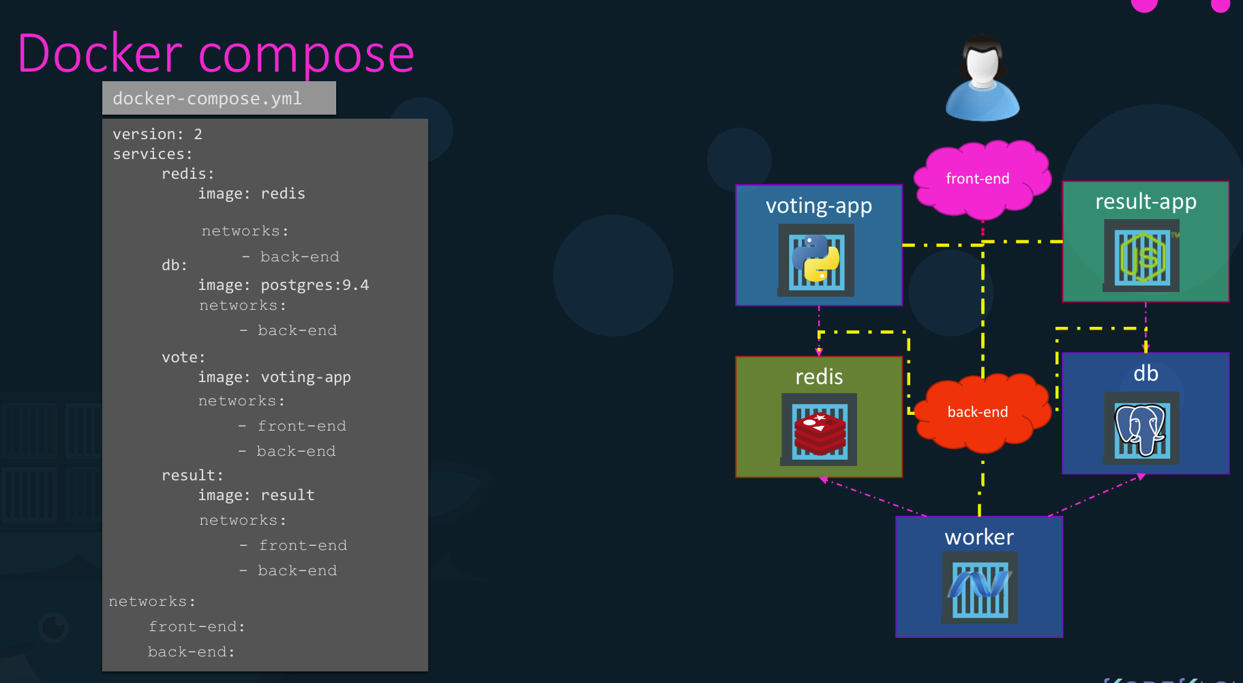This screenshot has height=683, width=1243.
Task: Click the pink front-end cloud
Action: coord(980,179)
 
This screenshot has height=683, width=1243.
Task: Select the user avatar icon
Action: coord(982,78)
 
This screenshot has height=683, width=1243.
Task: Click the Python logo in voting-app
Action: coord(816,260)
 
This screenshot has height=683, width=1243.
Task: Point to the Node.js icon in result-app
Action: coord(1143,258)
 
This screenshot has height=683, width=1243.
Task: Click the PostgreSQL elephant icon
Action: coord(1141,428)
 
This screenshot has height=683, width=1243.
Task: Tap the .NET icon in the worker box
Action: coord(980,587)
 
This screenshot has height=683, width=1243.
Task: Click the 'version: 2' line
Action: coord(158,134)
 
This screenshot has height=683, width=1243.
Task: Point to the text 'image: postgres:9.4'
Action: coord(284,285)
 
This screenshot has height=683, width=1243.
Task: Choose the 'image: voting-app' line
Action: coord(275,377)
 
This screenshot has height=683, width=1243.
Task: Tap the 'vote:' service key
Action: coord(183,358)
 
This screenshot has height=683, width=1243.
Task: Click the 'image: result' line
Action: coord(256,495)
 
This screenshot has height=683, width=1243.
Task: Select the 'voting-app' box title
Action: coord(818,205)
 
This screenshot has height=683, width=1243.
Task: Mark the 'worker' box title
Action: coord(979,537)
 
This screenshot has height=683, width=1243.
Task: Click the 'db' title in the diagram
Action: coord(1145,373)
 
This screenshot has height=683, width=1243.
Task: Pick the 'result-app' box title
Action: coord(1145,201)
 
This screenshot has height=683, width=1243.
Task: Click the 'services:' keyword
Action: coord(153,154)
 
